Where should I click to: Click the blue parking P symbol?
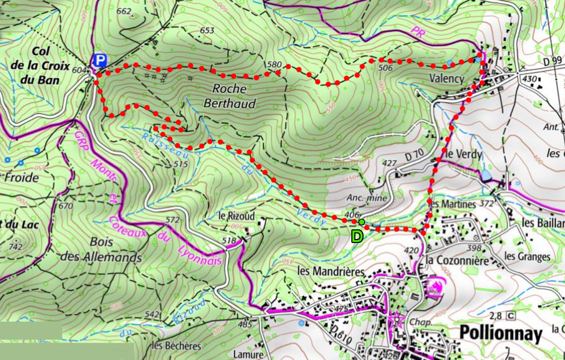tap(100, 61)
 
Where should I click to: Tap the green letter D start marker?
tap(357, 236)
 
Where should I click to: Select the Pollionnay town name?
tap(500, 334)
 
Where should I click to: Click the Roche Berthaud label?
tap(230, 96)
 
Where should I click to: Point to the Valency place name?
tap(446, 78)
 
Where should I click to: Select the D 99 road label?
tap(553, 61)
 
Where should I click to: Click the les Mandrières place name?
tap(331, 271)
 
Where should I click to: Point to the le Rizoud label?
tap(236, 215)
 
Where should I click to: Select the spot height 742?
tap(16, 247)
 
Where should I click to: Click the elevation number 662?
tap(124, 12)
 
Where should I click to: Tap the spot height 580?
tap(273, 64)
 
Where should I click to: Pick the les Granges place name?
tap(527, 256)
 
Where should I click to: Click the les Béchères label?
tap(177, 346)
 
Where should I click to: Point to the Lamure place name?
tap(249, 354)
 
